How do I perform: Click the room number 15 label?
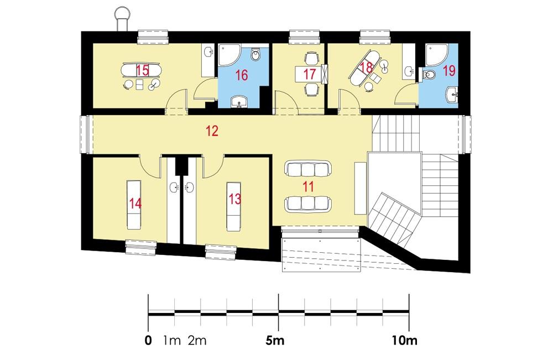[142, 70]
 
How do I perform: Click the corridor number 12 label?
[212, 131]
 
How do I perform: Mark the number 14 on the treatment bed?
[135, 203]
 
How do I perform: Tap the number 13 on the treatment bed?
[234, 199]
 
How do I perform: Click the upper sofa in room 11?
[307, 168]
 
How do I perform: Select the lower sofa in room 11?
[307, 204]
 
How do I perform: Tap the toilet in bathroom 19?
[427, 74]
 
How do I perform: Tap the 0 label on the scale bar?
[148, 340]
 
